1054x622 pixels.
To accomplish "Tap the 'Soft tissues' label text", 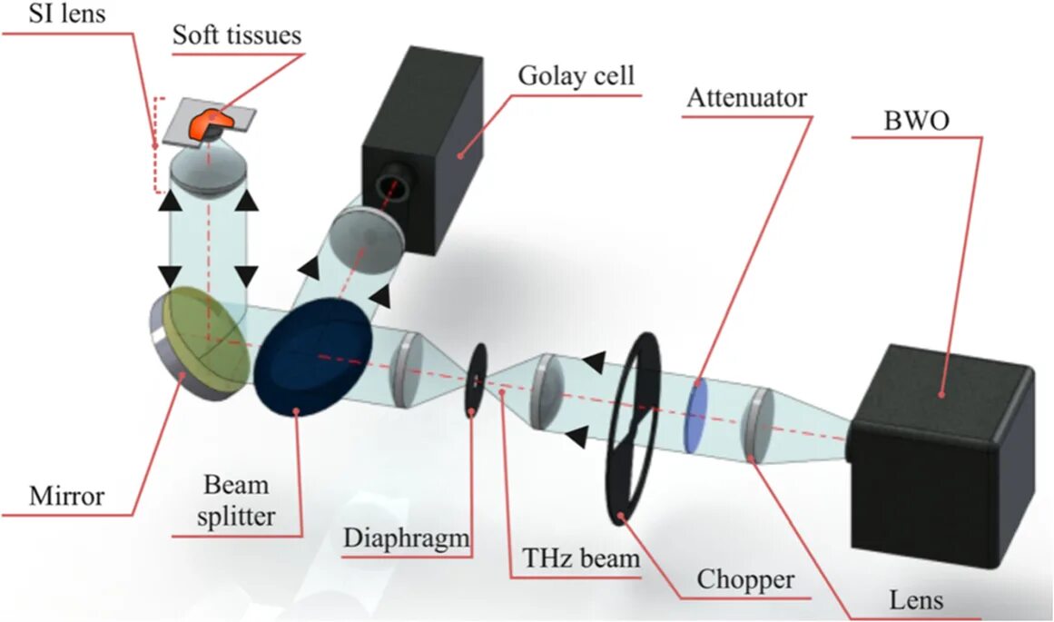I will point(237,35).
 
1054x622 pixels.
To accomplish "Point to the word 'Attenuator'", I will point(746,97).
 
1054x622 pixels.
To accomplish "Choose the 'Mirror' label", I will point(67,496).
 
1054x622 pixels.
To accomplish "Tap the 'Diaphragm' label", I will point(406,538).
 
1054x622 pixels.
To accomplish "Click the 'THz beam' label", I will point(581,557).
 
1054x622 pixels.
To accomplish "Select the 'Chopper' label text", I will point(745,578).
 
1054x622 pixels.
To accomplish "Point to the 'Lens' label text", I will point(916,599).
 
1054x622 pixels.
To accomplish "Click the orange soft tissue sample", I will point(208,124).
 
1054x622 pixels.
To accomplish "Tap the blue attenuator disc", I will point(697,416).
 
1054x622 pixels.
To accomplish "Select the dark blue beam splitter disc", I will point(312,354).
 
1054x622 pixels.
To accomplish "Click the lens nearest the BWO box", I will point(756,424).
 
